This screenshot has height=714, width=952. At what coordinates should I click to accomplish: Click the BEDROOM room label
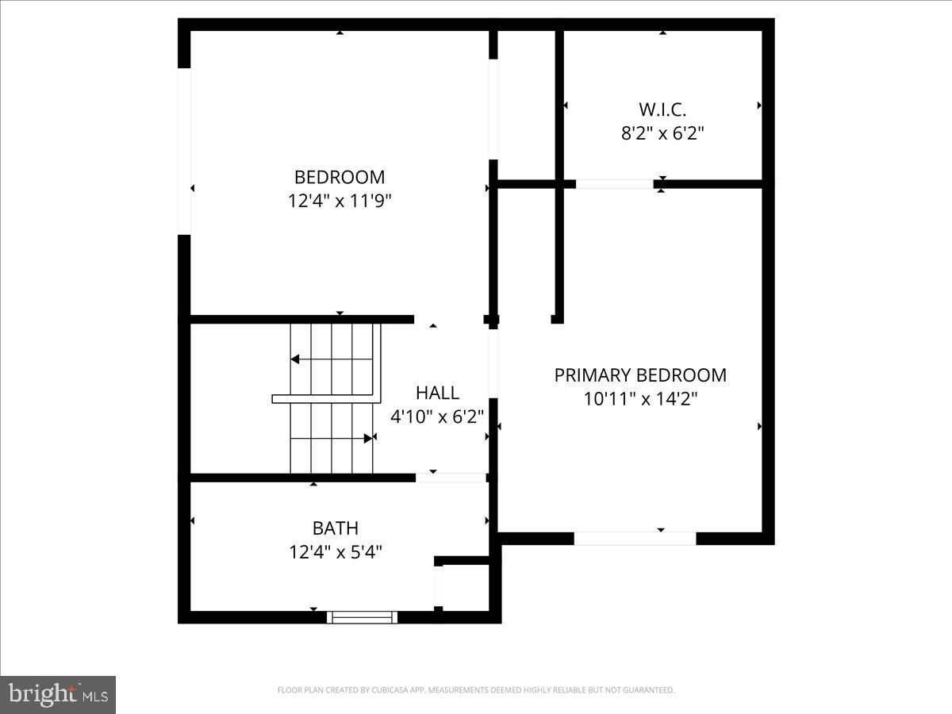point(340,177)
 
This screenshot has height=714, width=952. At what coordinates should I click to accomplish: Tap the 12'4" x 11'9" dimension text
point(340,201)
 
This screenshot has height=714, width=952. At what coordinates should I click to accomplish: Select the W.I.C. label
point(662,109)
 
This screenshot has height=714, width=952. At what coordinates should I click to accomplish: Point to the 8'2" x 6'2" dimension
point(662,132)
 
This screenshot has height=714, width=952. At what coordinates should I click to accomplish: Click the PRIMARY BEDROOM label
point(640,374)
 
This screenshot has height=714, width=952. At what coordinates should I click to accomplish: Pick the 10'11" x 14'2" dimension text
point(640,398)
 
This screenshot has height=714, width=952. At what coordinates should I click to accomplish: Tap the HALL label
point(437,392)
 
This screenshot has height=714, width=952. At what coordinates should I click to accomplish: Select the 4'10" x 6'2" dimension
point(437,416)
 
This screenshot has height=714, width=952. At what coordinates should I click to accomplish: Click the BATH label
point(336,528)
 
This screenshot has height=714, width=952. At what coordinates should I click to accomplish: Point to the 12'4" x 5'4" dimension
point(336,551)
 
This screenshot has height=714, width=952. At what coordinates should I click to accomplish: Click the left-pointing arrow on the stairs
point(295,359)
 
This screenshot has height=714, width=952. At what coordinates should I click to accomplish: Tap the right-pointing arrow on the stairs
point(368,438)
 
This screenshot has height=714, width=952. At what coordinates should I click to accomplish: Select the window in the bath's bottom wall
point(363,616)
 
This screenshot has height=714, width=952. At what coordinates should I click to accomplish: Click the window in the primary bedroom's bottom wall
point(635,538)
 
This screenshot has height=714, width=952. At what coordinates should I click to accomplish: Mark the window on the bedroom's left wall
point(184,151)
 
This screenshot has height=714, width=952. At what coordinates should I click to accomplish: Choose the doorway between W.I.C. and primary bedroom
point(615,184)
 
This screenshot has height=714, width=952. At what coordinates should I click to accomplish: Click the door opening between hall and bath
point(451,478)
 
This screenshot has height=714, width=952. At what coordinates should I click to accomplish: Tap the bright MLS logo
point(58,694)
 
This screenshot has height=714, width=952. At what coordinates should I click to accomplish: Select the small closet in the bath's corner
point(464,587)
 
